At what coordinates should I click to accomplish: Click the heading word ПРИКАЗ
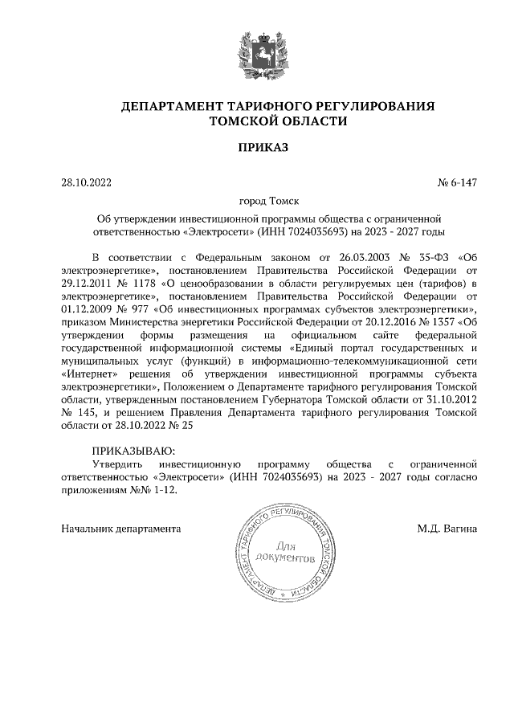click(x=257, y=147)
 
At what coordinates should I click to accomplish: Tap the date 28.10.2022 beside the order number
click(x=87, y=182)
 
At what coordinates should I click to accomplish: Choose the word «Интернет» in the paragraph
click(x=88, y=373)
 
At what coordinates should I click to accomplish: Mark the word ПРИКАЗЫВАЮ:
click(x=132, y=450)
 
